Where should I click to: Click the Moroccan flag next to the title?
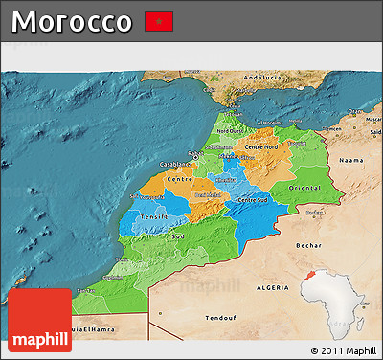pyautogui.click(x=158, y=21)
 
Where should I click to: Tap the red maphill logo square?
pyautogui.click(x=39, y=320)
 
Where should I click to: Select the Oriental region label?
pyautogui.click(x=303, y=188)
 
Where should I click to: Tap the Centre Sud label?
pyautogui.click(x=253, y=199)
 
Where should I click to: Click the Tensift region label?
pyautogui.click(x=154, y=216)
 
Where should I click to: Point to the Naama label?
pyautogui.click(x=351, y=162)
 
